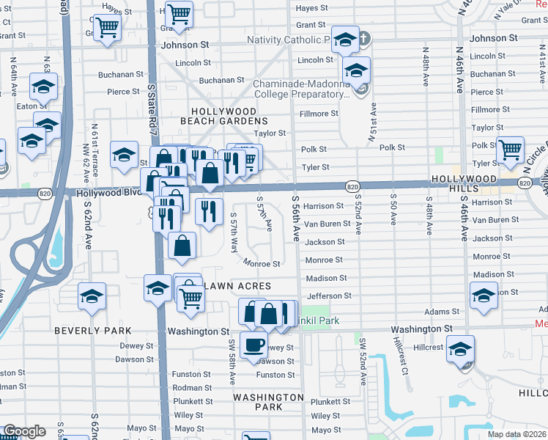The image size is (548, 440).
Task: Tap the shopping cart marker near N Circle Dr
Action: [x=509, y=149]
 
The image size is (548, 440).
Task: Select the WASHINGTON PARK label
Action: [x=268, y=402]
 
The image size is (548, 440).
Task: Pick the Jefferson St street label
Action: [x=329, y=296]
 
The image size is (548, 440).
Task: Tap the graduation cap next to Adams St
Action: [x=484, y=297]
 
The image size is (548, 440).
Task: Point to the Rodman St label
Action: [x=193, y=388]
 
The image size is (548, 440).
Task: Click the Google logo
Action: [x=24, y=430]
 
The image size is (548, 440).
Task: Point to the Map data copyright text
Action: [x=516, y=434]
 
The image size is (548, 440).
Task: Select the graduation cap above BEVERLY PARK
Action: [x=92, y=295]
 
